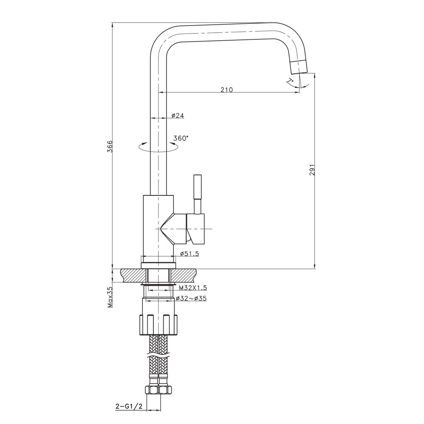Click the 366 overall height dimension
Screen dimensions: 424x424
pos(109,146)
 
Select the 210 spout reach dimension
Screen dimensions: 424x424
pos(226,89)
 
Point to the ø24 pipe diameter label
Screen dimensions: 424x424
pos(178,115)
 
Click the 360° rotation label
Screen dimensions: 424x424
pos(181,138)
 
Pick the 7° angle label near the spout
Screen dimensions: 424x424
pos(290,81)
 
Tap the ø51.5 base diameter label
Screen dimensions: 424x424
pos(189,254)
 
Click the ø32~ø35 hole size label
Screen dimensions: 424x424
pos(192,298)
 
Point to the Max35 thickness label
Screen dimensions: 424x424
pos(109,297)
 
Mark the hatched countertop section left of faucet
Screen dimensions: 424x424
pos(132,276)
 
